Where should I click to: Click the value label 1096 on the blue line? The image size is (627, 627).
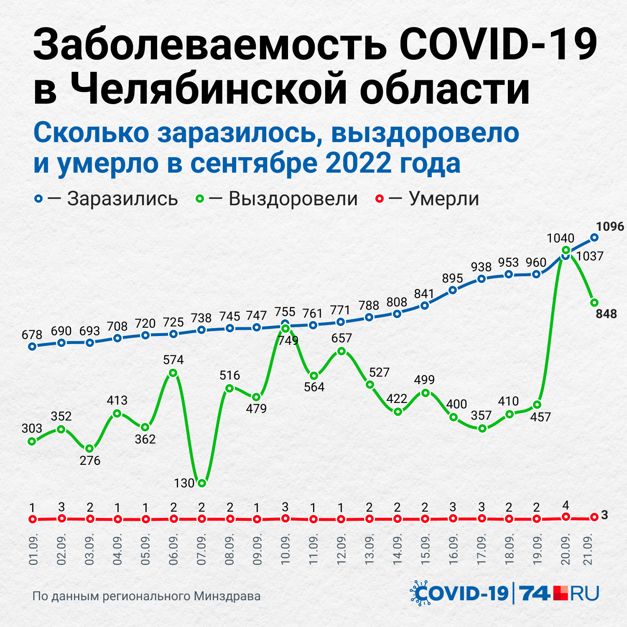pyautogui.click(x=610, y=227)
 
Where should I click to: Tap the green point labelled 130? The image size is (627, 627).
pyautogui.click(x=202, y=483)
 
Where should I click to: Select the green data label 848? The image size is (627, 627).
pyautogui.click(x=606, y=314)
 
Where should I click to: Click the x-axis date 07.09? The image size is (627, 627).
pyautogui.click(x=202, y=549)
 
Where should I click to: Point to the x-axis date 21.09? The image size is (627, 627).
pyautogui.click(x=589, y=549)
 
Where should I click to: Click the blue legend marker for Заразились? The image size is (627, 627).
pyautogui.click(x=38, y=199)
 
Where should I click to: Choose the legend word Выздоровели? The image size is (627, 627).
pyautogui.click(x=293, y=199)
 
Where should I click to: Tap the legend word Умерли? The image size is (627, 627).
pyautogui.click(x=444, y=199)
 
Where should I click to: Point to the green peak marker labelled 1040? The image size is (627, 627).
pyautogui.click(x=566, y=250)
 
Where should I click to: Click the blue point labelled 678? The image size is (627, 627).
pyautogui.click(x=32, y=346)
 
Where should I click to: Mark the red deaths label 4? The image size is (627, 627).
pyautogui.click(x=566, y=505)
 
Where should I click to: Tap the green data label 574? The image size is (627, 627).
pyautogui.click(x=173, y=359)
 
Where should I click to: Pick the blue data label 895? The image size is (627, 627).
pyautogui.click(x=453, y=278)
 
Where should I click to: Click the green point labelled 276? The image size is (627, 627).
pyautogui.click(x=89, y=449)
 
